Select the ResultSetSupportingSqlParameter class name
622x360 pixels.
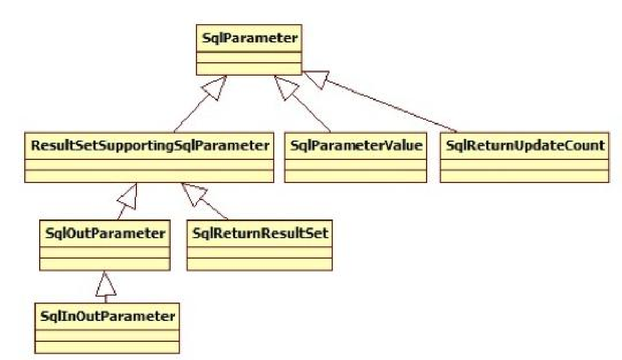point(147,145)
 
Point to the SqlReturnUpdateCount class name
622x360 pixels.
point(524,145)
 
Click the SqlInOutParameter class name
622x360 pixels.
point(107,316)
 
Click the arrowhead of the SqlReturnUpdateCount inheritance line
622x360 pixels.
point(313,78)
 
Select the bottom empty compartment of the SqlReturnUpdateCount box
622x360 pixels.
point(524,176)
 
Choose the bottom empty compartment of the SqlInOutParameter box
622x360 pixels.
point(107,347)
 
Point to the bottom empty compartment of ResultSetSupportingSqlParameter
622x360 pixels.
point(147,176)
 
